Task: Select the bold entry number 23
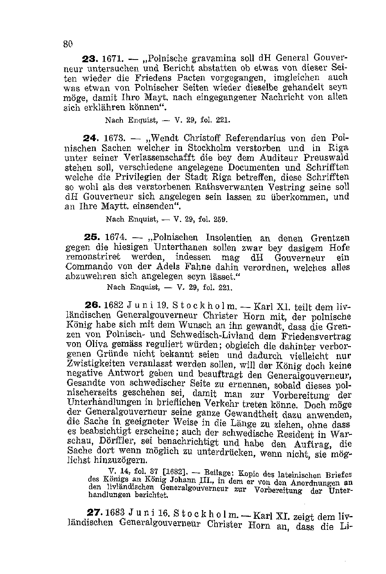coord(89,59)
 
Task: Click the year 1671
coord(111,59)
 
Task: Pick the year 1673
coord(114,138)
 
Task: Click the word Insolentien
coord(228,238)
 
